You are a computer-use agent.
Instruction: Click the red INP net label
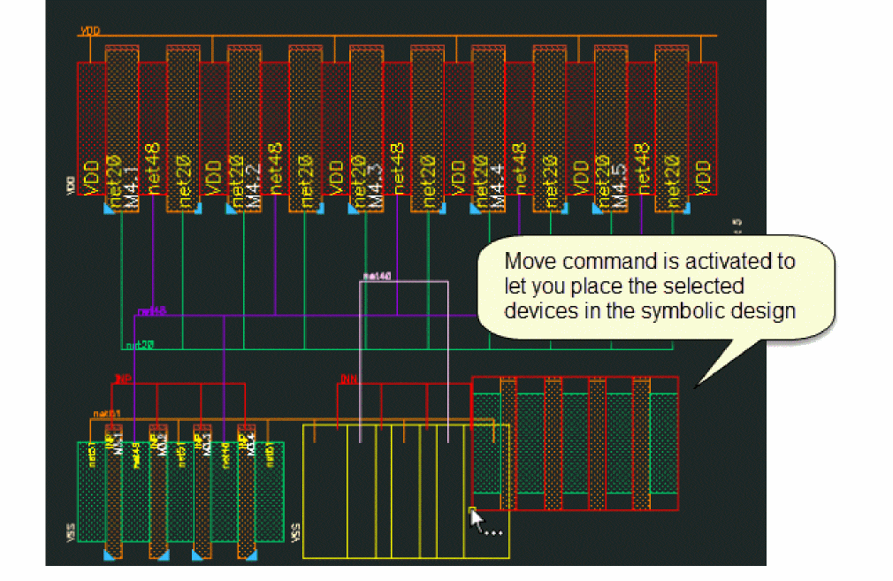123,378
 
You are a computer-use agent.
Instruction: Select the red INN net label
347,378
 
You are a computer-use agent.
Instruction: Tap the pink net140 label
377,277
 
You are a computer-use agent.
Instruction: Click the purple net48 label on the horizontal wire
151,311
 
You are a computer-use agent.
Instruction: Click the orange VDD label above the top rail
90,31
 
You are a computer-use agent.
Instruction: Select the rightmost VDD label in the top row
702,176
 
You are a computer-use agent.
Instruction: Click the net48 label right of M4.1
153,169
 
